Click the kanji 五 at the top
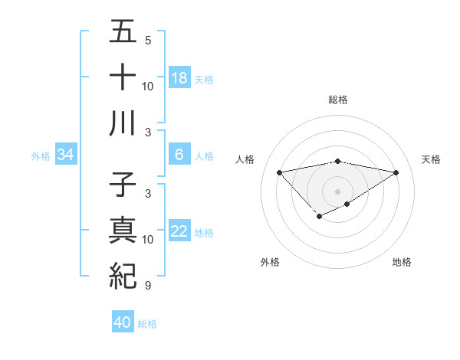(x=123, y=32)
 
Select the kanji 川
(x=123, y=123)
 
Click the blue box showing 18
(x=179, y=78)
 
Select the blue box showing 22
(x=179, y=232)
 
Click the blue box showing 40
(x=123, y=322)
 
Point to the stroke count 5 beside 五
(x=148, y=40)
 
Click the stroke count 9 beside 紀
(x=148, y=286)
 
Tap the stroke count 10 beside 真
(x=148, y=240)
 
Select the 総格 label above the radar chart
(x=337, y=100)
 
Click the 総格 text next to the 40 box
(x=147, y=324)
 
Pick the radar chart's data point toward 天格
(x=396, y=172)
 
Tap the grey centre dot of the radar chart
(x=337, y=191)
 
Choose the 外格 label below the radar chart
(x=270, y=263)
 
